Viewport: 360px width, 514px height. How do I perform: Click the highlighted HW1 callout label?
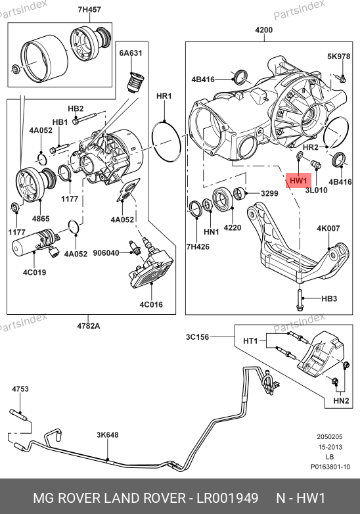tap(298, 181)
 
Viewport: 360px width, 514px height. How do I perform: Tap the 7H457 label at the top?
tap(89, 9)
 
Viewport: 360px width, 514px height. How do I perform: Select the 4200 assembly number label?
tap(263, 30)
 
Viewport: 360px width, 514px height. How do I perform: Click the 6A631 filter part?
tap(135, 82)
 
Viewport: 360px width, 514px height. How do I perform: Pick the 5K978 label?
tap(339, 57)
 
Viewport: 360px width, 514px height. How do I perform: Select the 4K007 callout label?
tap(328, 228)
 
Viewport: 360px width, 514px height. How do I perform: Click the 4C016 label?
tap(151, 304)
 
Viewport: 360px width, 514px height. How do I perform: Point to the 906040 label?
tap(106, 253)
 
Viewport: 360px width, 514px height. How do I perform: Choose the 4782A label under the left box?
tap(89, 326)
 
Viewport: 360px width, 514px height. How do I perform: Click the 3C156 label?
tap(197, 337)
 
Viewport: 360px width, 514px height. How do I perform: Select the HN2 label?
tap(341, 400)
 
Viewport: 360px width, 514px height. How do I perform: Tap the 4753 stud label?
tap(20, 388)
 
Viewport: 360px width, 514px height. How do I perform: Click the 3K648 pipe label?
tap(108, 434)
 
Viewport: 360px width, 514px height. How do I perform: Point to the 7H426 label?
tap(198, 246)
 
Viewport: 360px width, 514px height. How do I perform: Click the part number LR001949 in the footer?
tap(227, 498)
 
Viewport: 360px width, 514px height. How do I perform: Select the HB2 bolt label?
tap(76, 108)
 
